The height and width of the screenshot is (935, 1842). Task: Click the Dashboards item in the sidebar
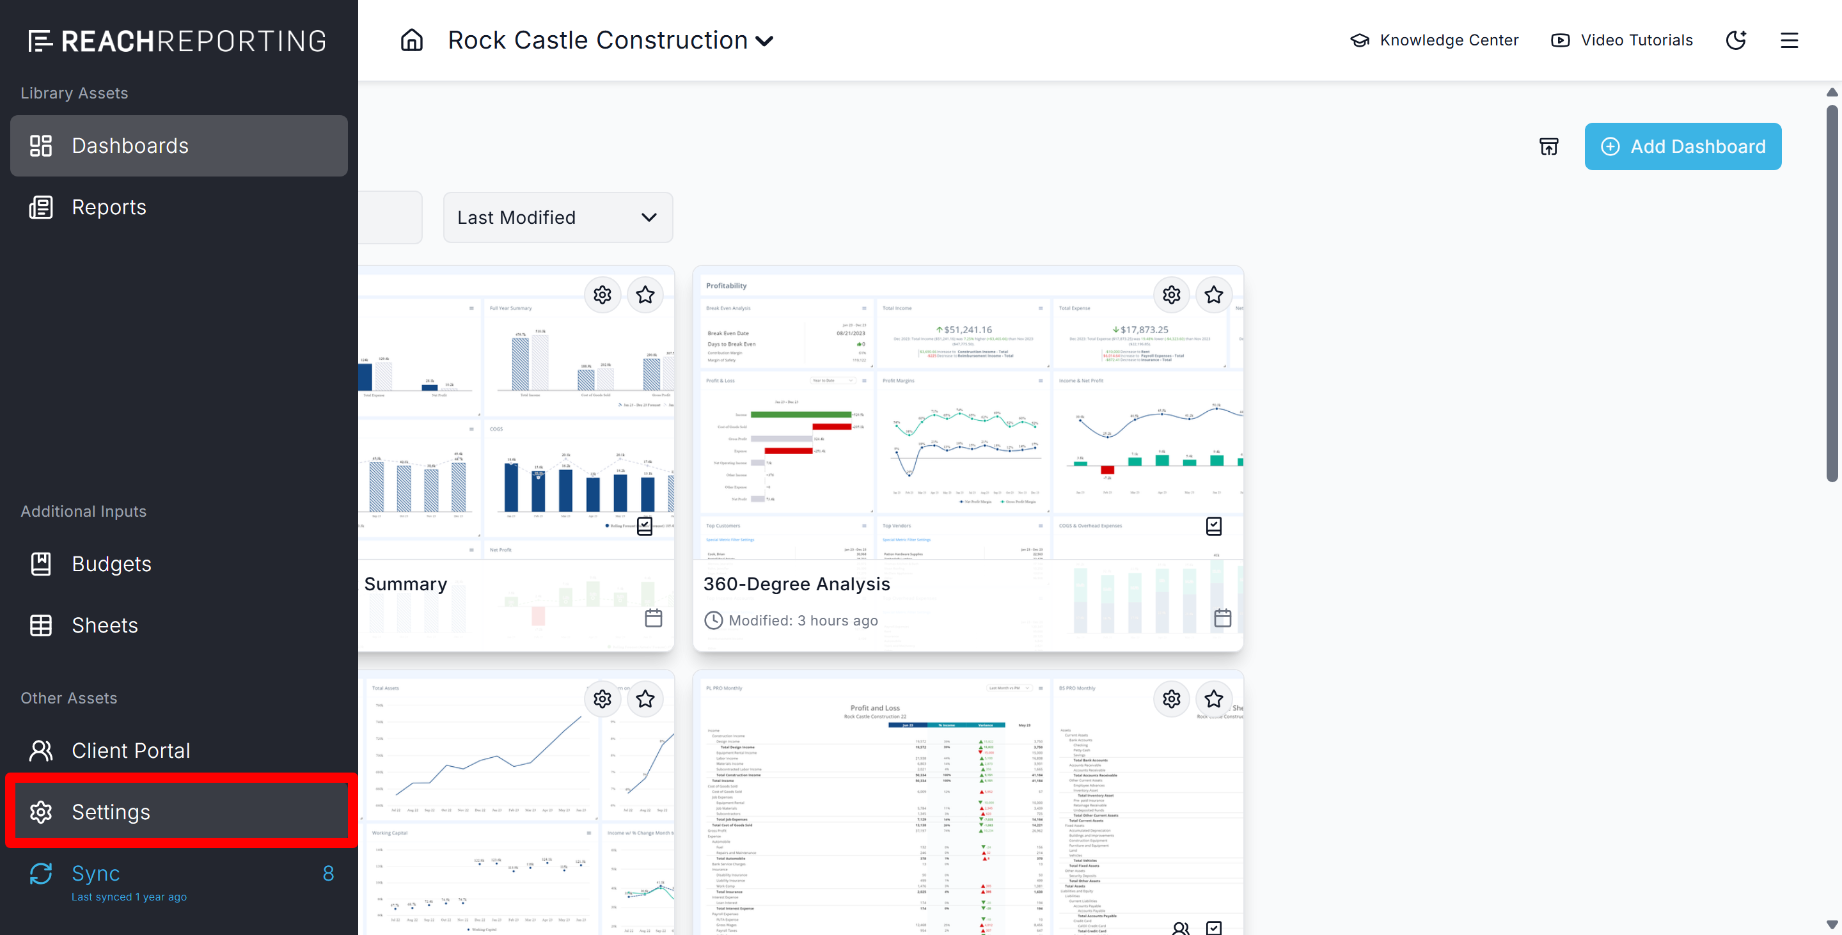tap(179, 146)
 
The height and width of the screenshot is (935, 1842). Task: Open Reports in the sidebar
tap(109, 207)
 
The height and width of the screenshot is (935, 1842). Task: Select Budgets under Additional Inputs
tap(111, 564)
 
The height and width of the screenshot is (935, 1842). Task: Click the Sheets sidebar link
tap(104, 625)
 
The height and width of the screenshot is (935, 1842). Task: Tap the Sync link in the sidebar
tap(96, 874)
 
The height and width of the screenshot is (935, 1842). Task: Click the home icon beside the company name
tap(412, 40)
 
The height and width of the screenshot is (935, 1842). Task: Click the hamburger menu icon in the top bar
tap(1789, 40)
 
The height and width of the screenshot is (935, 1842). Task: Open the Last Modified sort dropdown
tap(558, 217)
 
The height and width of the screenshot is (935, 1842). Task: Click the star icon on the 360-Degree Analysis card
tap(1213, 295)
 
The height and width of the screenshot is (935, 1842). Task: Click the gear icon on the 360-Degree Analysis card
tap(1171, 295)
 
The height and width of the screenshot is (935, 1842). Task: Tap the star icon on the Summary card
tap(645, 295)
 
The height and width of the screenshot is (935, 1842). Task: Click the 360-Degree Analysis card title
tap(796, 584)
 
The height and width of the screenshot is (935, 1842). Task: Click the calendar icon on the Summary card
tap(654, 618)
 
